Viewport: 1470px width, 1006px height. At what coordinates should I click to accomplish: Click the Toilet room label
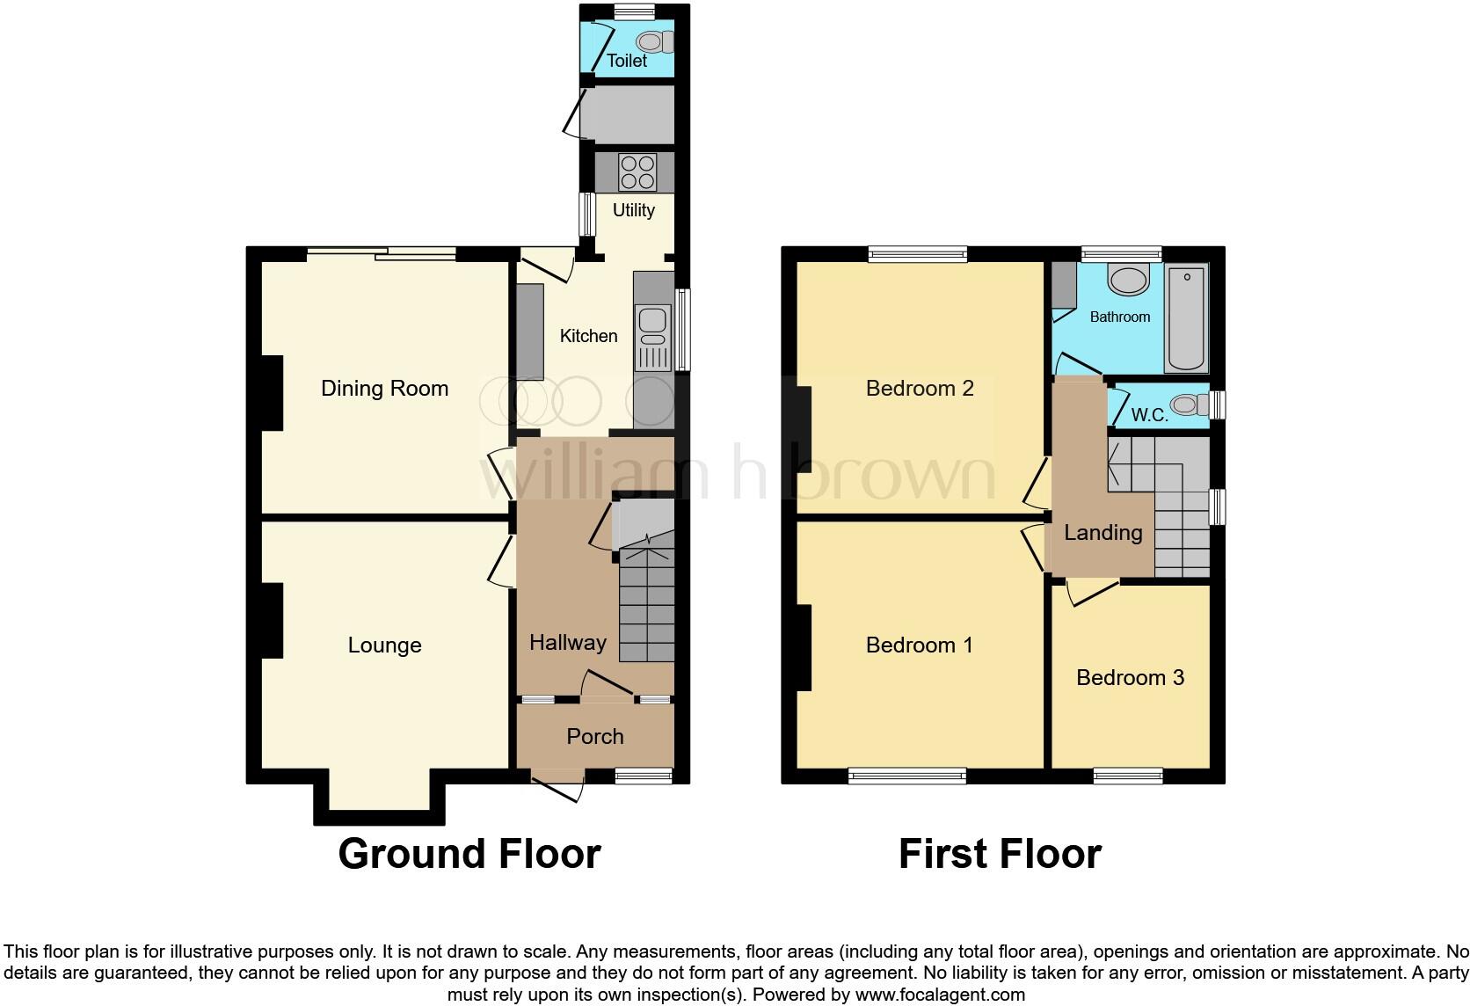pyautogui.click(x=626, y=61)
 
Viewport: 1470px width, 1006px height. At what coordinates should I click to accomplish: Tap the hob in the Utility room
pyautogui.click(x=637, y=171)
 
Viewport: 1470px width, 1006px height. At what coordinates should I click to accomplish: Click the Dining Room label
pyautogui.click(x=384, y=389)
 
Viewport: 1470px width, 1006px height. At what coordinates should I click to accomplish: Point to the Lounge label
pyautogui.click(x=384, y=645)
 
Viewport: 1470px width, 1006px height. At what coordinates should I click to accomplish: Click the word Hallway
pyautogui.click(x=567, y=643)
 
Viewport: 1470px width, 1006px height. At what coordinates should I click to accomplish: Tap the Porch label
pyautogui.click(x=595, y=736)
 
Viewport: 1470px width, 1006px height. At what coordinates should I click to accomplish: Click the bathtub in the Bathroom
pyautogui.click(x=1187, y=319)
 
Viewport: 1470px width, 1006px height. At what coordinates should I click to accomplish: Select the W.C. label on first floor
pyautogui.click(x=1149, y=415)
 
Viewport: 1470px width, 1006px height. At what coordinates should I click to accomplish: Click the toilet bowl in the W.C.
pyautogui.click(x=1189, y=405)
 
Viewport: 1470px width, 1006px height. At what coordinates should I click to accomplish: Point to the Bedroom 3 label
pyautogui.click(x=1130, y=677)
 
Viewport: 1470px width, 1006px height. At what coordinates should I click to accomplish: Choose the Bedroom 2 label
pyautogui.click(x=920, y=389)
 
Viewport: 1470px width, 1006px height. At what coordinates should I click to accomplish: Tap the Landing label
pyautogui.click(x=1102, y=532)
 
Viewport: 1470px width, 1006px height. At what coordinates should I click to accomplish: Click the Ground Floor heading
pyautogui.click(x=469, y=854)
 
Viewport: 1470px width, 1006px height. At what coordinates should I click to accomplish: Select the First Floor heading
pyautogui.click(x=1000, y=854)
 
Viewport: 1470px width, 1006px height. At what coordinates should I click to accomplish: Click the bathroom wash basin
pyautogui.click(x=1128, y=281)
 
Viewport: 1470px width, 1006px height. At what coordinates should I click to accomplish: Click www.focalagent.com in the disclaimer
pyautogui.click(x=940, y=995)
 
